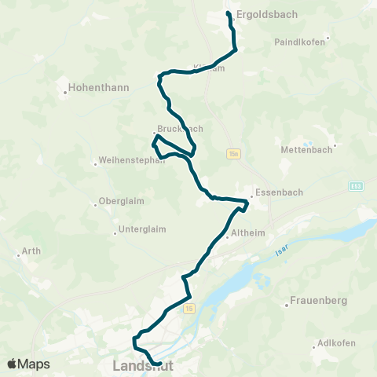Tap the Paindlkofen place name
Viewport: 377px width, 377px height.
(300, 42)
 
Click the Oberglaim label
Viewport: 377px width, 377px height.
(122, 201)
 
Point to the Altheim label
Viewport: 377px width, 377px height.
(244, 234)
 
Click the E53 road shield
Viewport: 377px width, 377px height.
(356, 185)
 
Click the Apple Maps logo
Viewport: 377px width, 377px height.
(28, 364)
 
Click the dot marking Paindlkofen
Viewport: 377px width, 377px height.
(328, 38)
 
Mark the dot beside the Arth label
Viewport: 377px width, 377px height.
(18, 254)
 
